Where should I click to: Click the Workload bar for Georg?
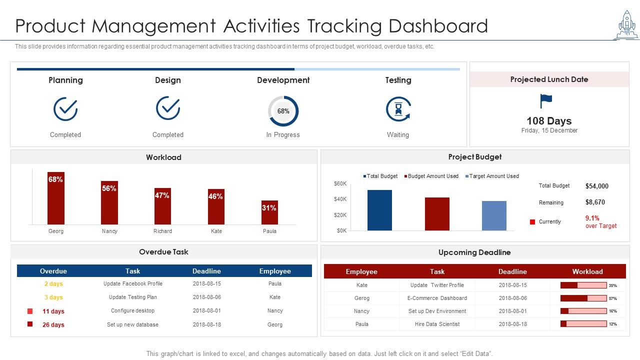(x=56, y=198)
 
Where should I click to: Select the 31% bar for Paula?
(x=269, y=212)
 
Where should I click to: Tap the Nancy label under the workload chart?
(x=109, y=231)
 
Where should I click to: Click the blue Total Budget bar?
(x=379, y=210)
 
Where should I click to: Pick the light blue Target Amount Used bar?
(x=494, y=215)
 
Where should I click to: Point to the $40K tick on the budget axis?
(x=340, y=199)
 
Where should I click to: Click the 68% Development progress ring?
(x=283, y=111)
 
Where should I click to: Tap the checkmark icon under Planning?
(x=65, y=108)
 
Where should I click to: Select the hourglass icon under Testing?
(x=398, y=109)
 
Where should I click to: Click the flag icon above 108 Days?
(x=546, y=101)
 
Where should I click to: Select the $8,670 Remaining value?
(x=595, y=202)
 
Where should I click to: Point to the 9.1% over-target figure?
(x=592, y=218)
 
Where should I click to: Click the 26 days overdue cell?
(x=53, y=324)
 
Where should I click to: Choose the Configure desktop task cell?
(x=132, y=310)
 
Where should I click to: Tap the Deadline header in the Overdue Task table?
(x=206, y=271)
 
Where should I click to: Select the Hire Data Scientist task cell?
(x=437, y=324)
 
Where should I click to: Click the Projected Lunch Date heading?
(x=549, y=79)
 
